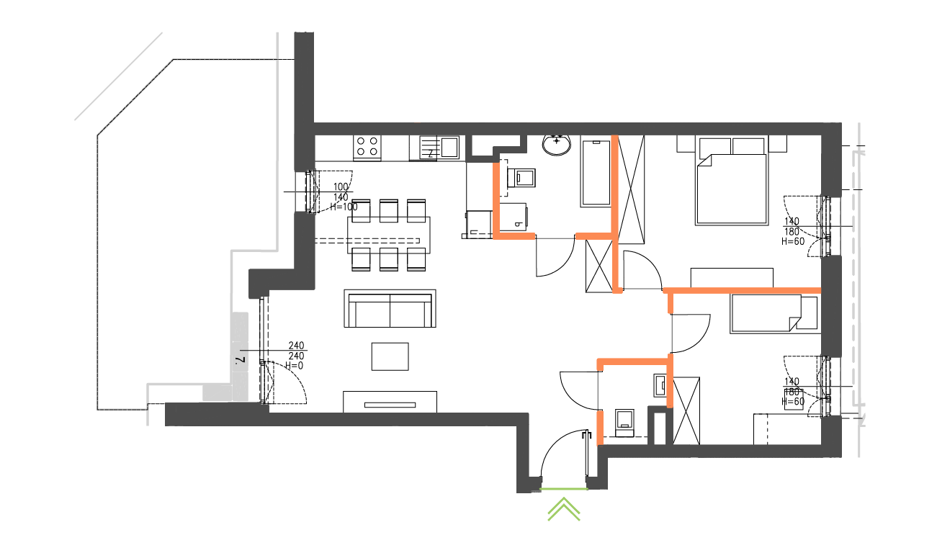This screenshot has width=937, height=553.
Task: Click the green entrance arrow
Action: pyautogui.click(x=564, y=509)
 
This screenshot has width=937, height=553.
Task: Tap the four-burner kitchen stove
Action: pyautogui.click(x=367, y=147)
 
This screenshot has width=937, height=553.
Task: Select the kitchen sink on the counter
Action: pyautogui.click(x=449, y=147)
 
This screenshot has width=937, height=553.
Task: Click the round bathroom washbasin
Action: pyautogui.click(x=557, y=145)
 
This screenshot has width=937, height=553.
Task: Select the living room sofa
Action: pyautogui.click(x=390, y=309)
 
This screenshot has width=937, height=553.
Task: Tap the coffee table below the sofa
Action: pyautogui.click(x=390, y=356)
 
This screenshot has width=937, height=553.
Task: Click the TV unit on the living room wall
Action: pyautogui.click(x=390, y=402)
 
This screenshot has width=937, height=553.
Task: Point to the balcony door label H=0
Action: pyautogui.click(x=294, y=366)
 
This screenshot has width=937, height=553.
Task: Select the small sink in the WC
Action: pyautogui.click(x=660, y=385)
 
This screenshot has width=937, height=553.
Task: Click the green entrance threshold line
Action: pyautogui.click(x=564, y=490)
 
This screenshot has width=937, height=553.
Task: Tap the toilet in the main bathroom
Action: pyautogui.click(x=524, y=176)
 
